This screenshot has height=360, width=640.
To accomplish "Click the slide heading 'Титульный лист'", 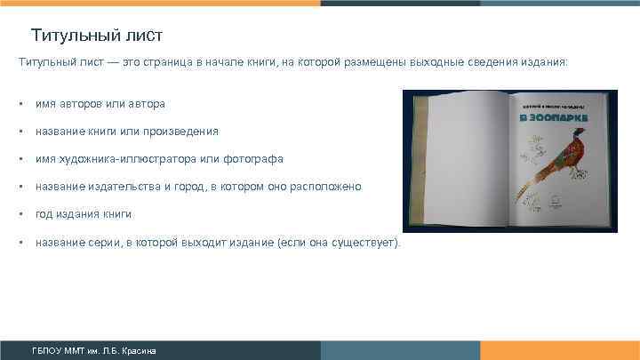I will click(x=96, y=36).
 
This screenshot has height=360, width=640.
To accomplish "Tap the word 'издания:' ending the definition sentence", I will click(x=541, y=63).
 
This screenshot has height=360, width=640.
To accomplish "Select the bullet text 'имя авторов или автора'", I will click(x=100, y=104).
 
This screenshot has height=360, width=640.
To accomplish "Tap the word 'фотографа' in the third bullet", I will click(x=256, y=159).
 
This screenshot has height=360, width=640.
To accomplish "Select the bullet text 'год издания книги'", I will click(x=84, y=214).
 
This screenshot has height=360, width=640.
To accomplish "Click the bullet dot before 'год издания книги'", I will click(x=20, y=214).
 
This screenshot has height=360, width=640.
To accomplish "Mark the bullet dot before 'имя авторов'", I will click(x=20, y=104).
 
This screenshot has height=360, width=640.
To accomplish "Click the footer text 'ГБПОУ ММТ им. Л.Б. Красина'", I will click(x=93, y=350).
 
